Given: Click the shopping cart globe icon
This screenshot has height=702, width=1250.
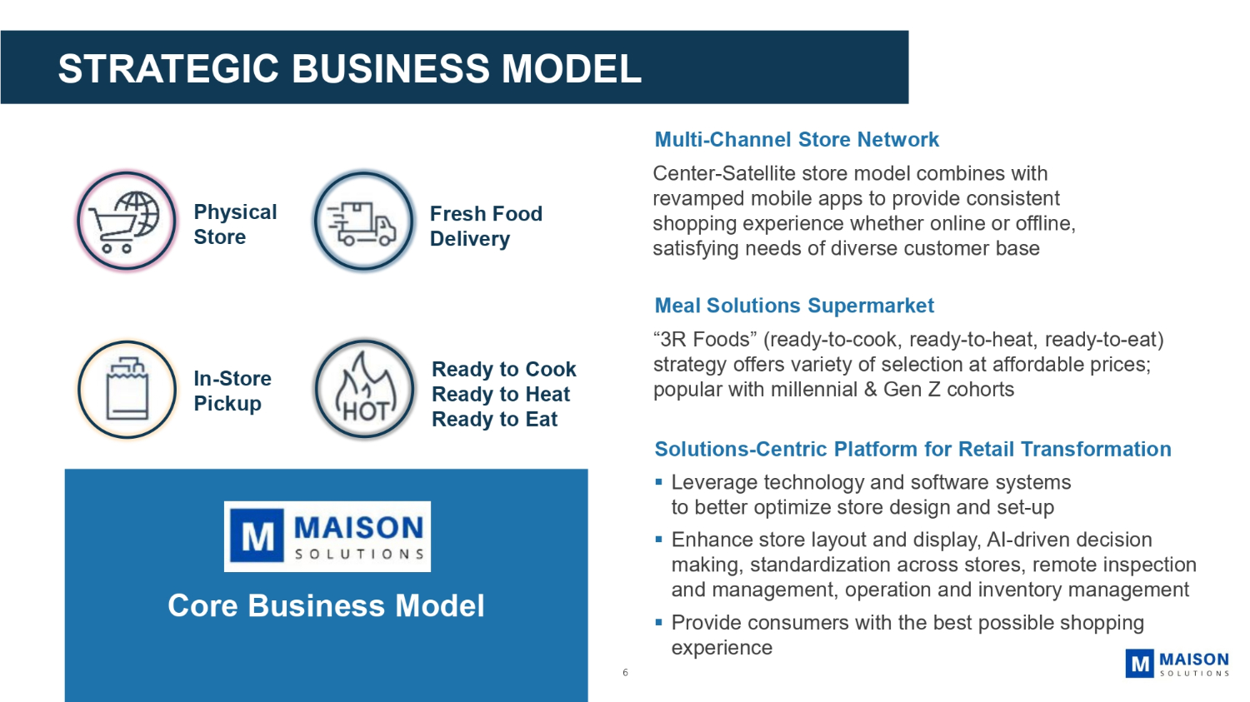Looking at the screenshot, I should (x=127, y=221).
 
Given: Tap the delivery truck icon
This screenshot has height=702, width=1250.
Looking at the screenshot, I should (x=363, y=222).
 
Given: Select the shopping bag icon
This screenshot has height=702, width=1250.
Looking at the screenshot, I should (x=127, y=389).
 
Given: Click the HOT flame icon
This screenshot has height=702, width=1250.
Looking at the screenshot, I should (x=364, y=389).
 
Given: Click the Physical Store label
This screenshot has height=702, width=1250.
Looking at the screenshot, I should (x=235, y=225).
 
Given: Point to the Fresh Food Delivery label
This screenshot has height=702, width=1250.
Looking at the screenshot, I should (x=486, y=227).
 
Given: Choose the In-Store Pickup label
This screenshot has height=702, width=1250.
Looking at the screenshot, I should (x=232, y=391).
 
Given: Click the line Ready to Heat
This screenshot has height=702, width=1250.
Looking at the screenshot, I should (x=501, y=395).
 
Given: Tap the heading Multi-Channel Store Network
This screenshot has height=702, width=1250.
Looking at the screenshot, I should (x=797, y=140).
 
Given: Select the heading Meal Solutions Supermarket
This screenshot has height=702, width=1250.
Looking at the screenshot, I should (x=794, y=306).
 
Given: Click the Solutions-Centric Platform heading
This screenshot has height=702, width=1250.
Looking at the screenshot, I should (x=912, y=450).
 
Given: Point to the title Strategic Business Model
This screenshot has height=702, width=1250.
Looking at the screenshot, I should (x=350, y=69).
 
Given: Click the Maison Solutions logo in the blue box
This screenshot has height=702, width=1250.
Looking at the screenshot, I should (x=327, y=536).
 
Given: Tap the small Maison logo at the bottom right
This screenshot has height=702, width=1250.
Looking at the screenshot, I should (x=1177, y=664).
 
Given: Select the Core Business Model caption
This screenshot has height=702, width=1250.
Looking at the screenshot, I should (x=326, y=606).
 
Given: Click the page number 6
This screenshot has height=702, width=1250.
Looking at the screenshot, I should (x=625, y=673).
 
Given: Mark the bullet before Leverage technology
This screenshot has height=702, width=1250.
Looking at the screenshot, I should (x=658, y=482).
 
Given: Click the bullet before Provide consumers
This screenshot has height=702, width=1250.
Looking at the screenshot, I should (x=658, y=622).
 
